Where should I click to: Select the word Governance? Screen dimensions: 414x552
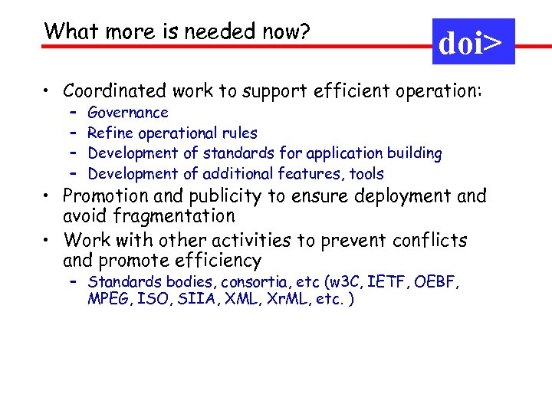coord(128,113)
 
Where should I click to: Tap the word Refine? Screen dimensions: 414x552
coord(111,133)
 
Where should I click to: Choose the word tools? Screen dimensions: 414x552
coord(366,174)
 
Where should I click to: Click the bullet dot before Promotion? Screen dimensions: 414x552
coord(48,197)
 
